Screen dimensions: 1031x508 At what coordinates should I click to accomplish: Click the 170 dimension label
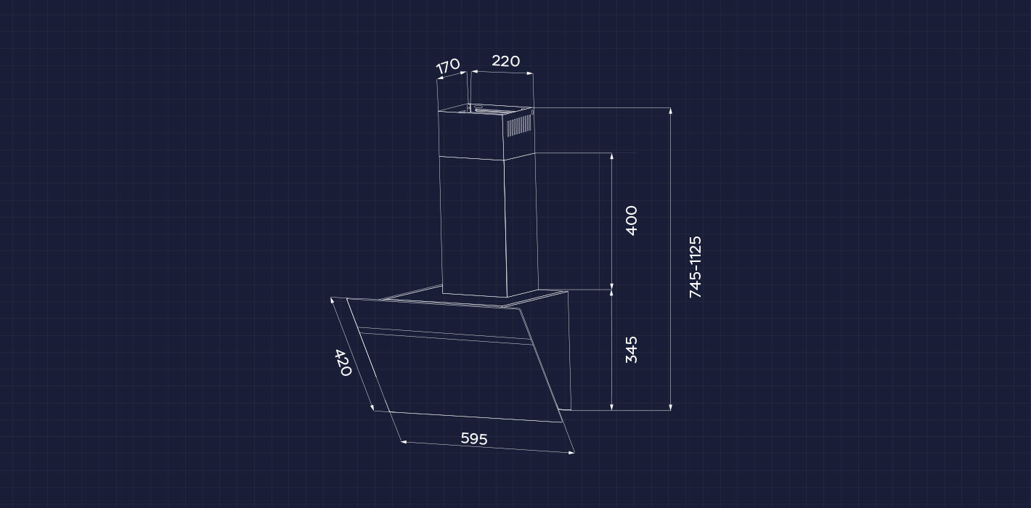point(448,66)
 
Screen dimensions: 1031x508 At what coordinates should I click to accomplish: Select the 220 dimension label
point(506,61)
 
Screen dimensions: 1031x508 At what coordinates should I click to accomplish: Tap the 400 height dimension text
point(632,221)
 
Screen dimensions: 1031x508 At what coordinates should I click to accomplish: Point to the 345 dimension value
point(632,350)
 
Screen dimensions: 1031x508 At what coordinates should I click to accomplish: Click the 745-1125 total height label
point(695,267)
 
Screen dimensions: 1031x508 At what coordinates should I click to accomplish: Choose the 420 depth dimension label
point(343,363)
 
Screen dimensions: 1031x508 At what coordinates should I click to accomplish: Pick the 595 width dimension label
point(474,438)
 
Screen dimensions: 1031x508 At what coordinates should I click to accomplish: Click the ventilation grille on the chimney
point(519,125)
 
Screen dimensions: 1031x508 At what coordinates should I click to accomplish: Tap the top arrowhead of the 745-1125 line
point(671,110)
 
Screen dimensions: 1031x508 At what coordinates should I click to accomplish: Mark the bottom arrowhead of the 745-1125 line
point(671,407)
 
